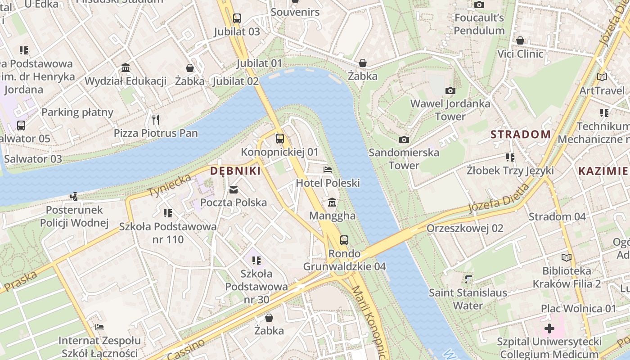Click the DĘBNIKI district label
pos(235,171)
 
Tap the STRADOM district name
pos(521,134)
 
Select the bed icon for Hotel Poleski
pos(328,170)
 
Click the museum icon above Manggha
pos(332,202)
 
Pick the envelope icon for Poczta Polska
pos(234,190)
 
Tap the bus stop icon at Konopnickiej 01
pos(280,139)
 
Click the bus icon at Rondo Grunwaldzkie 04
pos(344,240)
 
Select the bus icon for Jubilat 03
pos(237,18)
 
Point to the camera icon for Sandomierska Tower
pos(404,139)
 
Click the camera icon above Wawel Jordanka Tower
pos(450,90)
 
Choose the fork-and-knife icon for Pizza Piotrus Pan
pos(156,119)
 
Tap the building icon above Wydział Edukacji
pos(126,68)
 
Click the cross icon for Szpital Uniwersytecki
pos(549,328)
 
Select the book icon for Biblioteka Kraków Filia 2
pos(566,257)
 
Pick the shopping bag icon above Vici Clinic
pos(520,40)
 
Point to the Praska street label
pos(22,281)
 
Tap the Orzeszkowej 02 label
pos(465,228)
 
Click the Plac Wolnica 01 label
pos(578,309)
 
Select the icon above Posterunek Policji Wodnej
pos(74,196)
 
